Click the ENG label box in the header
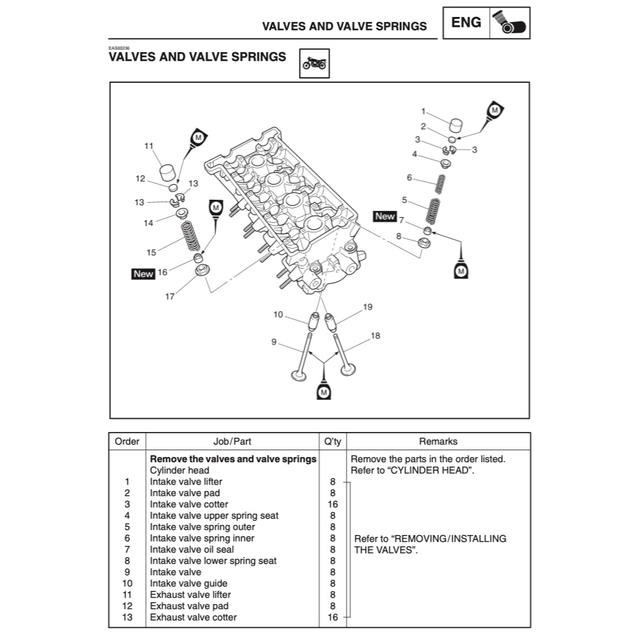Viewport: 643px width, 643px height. [x=467, y=23]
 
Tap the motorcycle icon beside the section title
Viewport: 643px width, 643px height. [x=315, y=63]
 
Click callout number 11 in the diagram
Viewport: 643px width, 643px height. [x=149, y=146]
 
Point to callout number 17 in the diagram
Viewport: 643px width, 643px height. [x=170, y=297]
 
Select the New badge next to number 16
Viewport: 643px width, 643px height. [x=143, y=274]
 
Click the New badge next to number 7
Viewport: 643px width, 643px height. [x=384, y=216]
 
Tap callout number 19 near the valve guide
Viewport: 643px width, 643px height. [x=368, y=307]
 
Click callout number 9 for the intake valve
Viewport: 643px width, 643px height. [x=274, y=342]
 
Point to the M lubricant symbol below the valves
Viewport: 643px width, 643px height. [x=324, y=391]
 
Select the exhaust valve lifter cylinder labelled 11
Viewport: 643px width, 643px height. [x=167, y=172]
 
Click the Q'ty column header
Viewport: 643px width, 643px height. [x=332, y=441]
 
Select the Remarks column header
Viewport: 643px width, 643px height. [x=438, y=441]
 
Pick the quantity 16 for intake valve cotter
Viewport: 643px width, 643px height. [x=332, y=504]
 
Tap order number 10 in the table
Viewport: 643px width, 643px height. [x=127, y=583]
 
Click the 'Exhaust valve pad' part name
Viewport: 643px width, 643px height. [x=189, y=606]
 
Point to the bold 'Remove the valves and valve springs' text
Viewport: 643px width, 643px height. [x=233, y=459]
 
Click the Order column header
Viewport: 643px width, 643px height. [x=127, y=441]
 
